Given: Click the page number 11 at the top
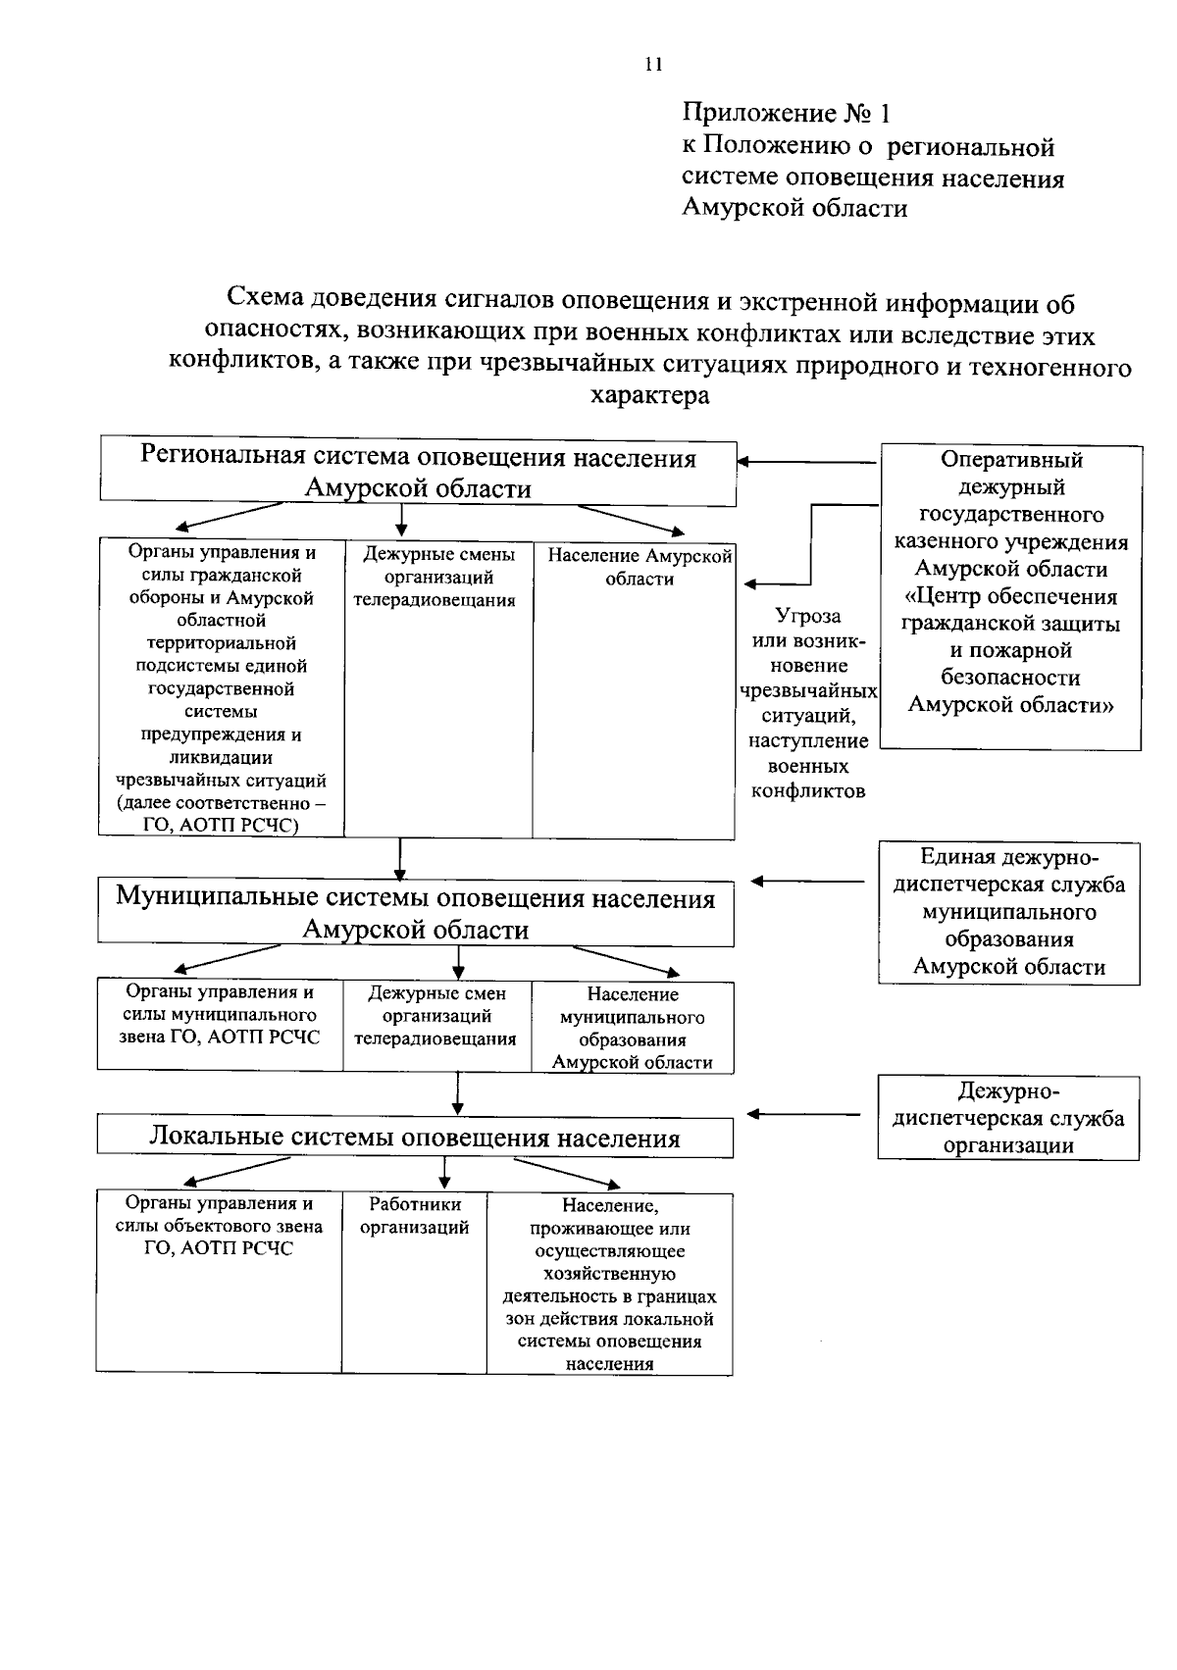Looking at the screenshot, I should pos(654,65).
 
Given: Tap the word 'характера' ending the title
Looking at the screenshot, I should pos(649,396).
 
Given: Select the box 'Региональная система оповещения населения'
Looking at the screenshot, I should pos(418,473).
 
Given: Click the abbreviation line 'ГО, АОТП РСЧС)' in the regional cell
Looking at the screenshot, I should pos(222,825).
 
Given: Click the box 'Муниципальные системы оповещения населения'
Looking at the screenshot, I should pos(416,913).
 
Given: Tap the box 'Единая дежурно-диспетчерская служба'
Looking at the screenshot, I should pos(1008,912).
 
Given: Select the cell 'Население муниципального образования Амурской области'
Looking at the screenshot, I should pos(633,1028).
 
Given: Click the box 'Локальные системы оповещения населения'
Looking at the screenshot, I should pos(415,1138).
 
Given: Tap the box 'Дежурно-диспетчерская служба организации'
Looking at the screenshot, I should pos(1008,1118).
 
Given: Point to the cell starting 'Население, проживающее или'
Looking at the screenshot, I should pos(609,1282).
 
